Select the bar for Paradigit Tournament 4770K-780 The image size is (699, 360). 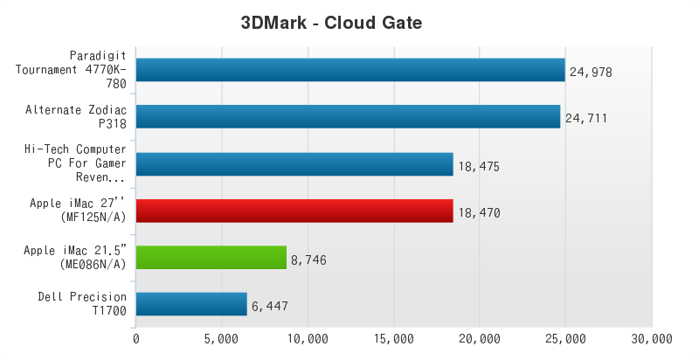click(x=350, y=70)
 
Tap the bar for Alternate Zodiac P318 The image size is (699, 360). click(x=348, y=117)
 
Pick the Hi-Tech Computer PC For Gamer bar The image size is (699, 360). click(x=294, y=164)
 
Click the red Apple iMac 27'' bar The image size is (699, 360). click(x=294, y=211)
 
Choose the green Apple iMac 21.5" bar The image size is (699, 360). click(x=211, y=258)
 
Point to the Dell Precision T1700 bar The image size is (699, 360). click(x=191, y=304)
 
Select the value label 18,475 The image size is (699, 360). click(x=479, y=165)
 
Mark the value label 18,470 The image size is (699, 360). click(x=479, y=211)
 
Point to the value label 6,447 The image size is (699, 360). click(x=270, y=306)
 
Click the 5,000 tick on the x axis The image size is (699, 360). click(x=221, y=338)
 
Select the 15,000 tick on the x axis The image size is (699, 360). click(x=393, y=338)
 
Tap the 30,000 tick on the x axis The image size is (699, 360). click(x=651, y=338)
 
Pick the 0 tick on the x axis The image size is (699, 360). click(x=135, y=338)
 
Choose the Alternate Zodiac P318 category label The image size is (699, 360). click(x=76, y=117)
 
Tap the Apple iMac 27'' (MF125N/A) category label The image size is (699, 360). click(x=78, y=211)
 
